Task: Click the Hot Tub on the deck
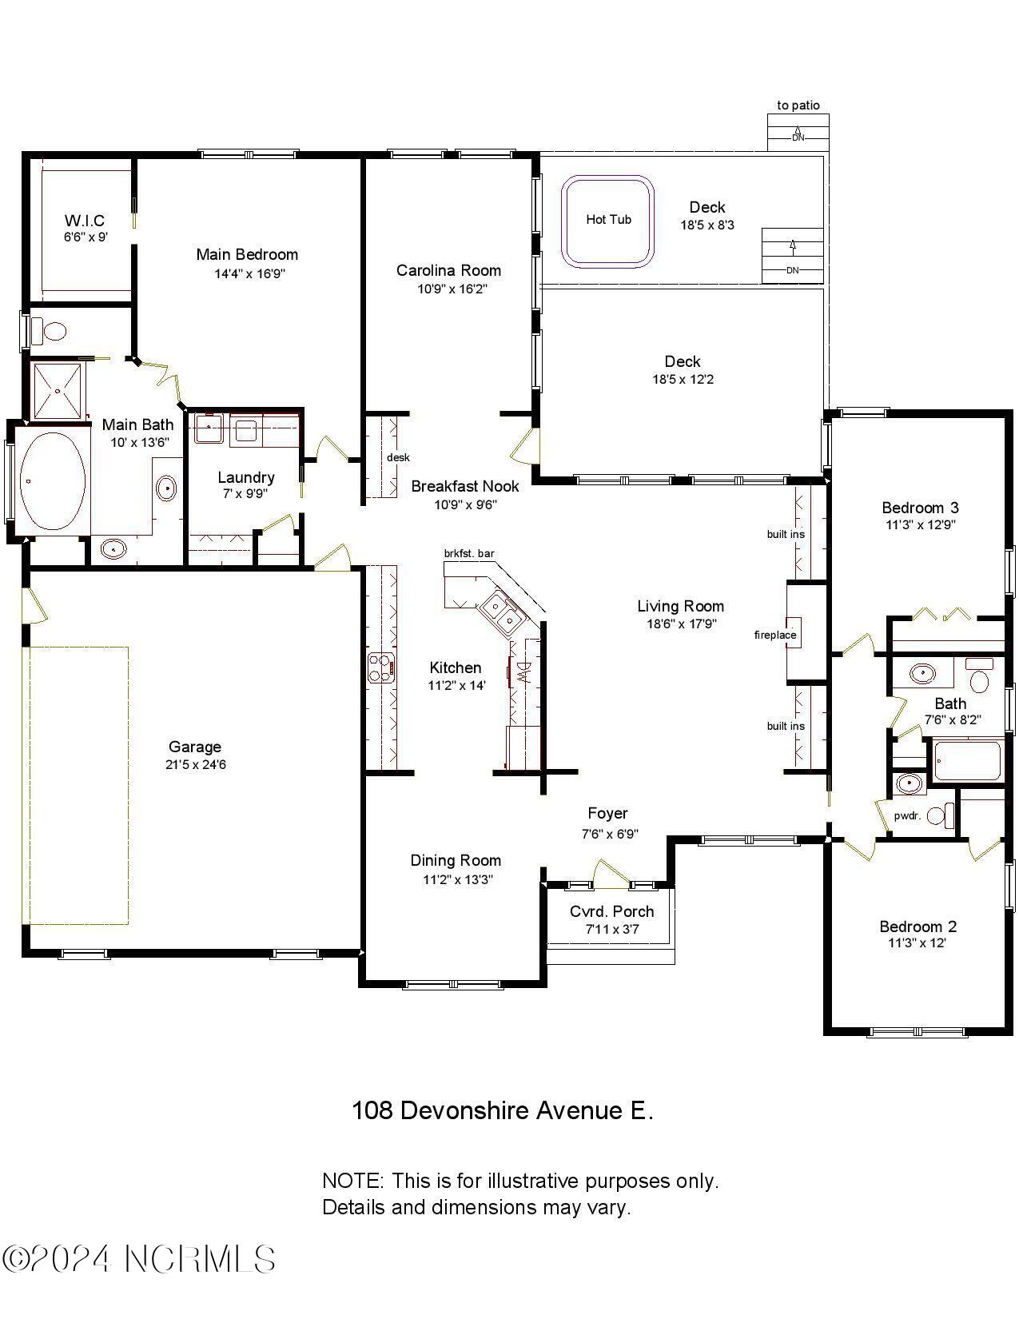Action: [608, 221]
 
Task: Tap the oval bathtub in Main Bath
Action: [52, 480]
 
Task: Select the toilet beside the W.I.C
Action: [53, 330]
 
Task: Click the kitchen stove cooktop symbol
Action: [381, 667]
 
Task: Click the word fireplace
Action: [774, 636]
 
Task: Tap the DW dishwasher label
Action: [523, 671]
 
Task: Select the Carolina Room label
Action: [448, 271]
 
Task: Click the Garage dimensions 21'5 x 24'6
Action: [194, 765]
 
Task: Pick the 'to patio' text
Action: [798, 106]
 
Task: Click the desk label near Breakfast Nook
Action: [398, 457]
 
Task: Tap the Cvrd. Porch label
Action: [611, 911]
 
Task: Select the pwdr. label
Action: [907, 816]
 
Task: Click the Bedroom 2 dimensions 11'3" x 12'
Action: [917, 943]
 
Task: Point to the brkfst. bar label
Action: [469, 553]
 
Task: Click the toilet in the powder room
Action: [945, 815]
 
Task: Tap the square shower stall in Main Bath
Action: [57, 390]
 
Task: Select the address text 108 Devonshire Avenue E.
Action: [503, 1110]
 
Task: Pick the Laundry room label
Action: [246, 477]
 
